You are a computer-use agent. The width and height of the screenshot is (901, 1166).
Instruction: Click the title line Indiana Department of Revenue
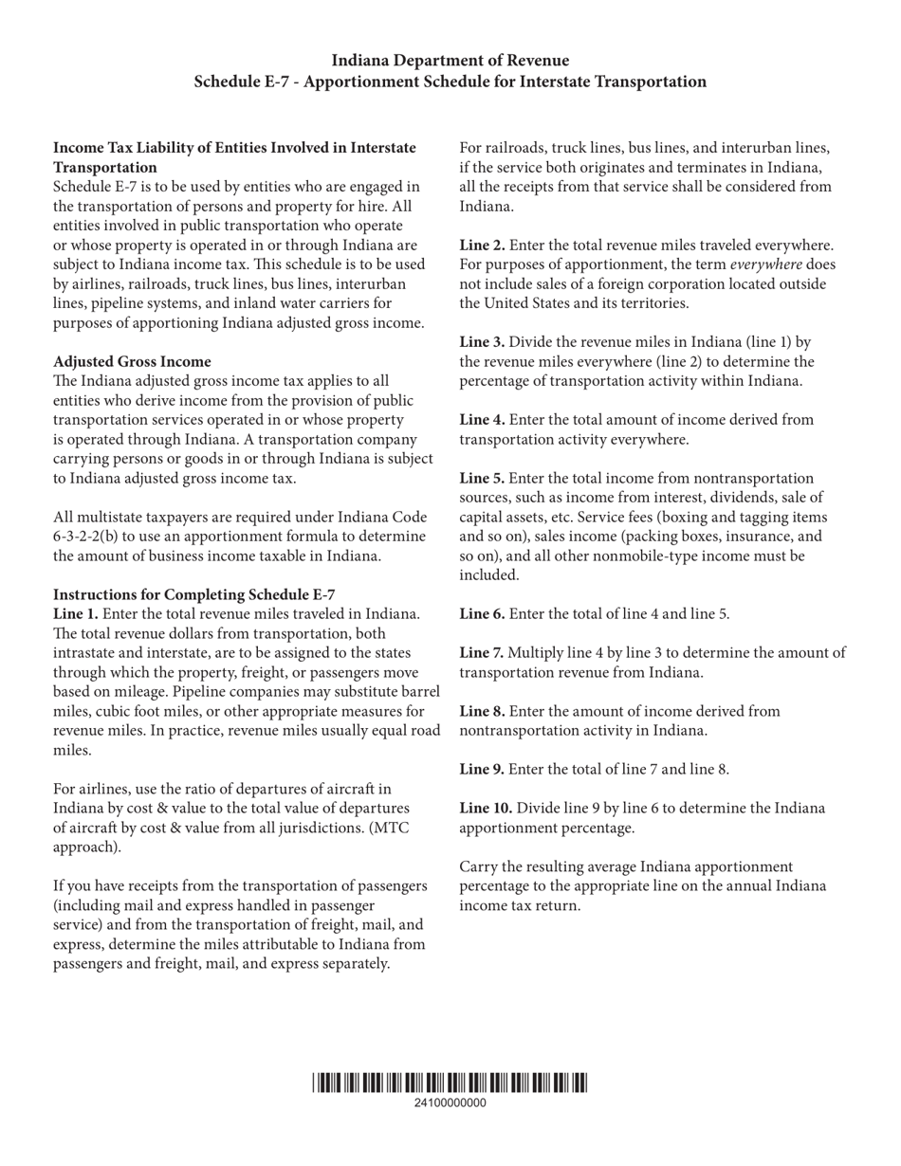click(x=450, y=61)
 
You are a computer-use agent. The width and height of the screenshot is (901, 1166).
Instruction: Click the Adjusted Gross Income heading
click(x=132, y=361)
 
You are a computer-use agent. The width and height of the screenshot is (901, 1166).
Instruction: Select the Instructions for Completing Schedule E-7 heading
click(x=193, y=594)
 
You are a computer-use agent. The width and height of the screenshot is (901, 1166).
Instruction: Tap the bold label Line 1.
click(x=75, y=614)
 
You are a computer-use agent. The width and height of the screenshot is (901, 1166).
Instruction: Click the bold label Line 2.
click(x=482, y=246)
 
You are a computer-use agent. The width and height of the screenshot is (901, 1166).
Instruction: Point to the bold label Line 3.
click(x=482, y=342)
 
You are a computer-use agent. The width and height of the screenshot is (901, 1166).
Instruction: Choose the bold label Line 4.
click(x=482, y=420)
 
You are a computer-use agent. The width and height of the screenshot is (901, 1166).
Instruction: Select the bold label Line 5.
click(x=482, y=479)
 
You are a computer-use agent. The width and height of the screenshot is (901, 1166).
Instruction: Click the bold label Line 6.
click(x=482, y=614)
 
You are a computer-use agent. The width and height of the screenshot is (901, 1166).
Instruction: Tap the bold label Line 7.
click(x=482, y=653)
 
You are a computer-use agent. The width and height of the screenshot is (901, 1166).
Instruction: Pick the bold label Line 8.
click(x=482, y=711)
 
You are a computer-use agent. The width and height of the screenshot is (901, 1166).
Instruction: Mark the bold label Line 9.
click(x=482, y=770)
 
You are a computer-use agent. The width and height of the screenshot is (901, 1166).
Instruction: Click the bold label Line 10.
click(x=486, y=809)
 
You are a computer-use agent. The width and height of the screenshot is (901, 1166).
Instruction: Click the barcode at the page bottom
click(x=450, y=1082)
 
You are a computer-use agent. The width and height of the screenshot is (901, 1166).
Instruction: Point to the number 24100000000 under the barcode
click(x=450, y=1103)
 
